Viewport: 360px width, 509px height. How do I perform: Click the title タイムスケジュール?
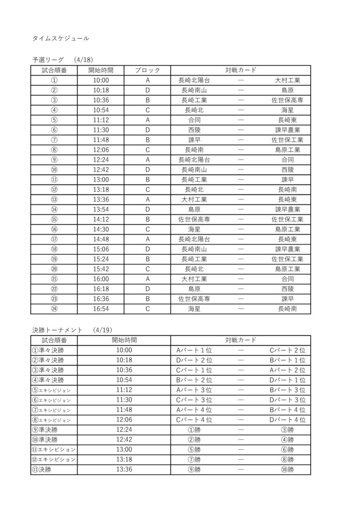(x=61, y=38)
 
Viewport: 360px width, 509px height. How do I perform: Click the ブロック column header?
(x=147, y=70)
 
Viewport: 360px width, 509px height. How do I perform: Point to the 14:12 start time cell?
(x=101, y=219)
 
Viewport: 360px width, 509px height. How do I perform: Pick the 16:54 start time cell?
(x=101, y=309)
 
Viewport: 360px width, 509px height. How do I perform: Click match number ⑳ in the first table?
(x=54, y=269)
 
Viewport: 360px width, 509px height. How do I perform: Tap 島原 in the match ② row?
(x=287, y=90)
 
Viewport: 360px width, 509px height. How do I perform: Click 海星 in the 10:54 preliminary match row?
(x=287, y=110)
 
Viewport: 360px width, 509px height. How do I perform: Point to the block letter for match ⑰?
(x=147, y=239)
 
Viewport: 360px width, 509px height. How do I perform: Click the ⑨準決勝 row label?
(x=45, y=429)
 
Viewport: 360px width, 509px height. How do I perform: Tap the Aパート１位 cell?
(x=194, y=350)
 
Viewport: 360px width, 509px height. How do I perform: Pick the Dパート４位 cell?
(x=287, y=420)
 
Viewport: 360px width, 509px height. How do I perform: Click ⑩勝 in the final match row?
(x=287, y=469)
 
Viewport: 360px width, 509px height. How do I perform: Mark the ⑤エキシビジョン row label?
(x=51, y=390)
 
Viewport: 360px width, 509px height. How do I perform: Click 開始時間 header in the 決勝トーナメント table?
(x=124, y=340)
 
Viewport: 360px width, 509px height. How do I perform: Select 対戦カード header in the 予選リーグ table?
(x=241, y=70)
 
